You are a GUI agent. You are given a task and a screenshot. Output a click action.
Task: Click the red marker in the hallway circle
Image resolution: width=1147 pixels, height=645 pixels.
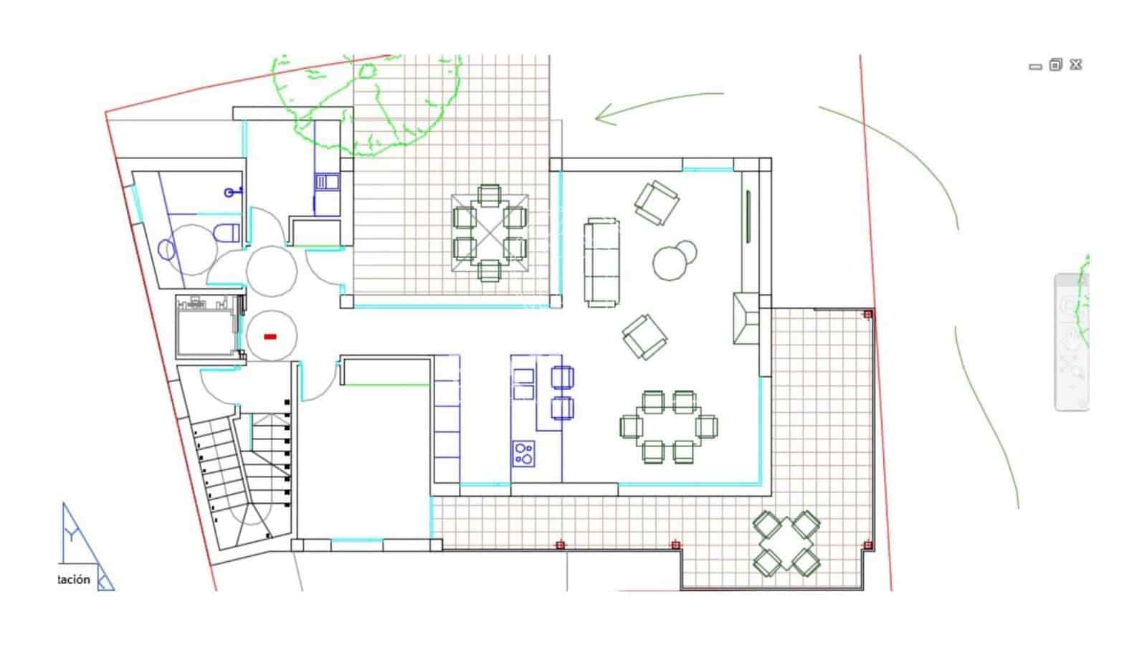point(270,336)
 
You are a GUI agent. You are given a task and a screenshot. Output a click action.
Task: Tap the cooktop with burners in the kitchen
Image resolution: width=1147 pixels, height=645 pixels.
point(523,453)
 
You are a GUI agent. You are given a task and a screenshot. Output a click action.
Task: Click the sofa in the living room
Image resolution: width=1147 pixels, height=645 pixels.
point(602,262)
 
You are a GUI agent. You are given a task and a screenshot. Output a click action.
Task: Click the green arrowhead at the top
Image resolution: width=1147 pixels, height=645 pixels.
point(606,115)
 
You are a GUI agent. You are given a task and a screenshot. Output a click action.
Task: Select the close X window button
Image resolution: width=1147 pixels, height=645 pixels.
point(1075,65)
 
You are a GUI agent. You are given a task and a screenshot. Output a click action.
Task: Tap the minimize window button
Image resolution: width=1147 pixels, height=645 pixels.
point(1034,67)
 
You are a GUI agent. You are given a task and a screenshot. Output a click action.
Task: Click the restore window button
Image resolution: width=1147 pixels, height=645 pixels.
point(1055,65)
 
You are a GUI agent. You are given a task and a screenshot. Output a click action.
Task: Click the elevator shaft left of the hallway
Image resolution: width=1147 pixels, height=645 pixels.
point(206,327)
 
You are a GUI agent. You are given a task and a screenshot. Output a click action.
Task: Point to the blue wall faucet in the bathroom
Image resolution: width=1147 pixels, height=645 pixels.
point(230,191)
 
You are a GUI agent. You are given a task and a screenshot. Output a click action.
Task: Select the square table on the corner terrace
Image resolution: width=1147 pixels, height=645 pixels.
point(786,543)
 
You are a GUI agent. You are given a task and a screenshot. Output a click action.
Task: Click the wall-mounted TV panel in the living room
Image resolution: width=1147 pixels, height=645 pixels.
point(748,216)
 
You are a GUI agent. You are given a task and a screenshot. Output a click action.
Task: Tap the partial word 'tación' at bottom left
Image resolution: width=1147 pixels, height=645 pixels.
point(74,579)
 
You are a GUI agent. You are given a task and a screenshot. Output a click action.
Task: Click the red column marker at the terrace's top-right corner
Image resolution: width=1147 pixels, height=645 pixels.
point(867,315)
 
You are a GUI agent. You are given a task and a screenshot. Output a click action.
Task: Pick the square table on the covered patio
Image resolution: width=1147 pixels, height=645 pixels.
point(490,233)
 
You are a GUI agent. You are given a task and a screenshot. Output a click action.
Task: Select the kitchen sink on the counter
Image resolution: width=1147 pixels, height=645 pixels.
point(524,383)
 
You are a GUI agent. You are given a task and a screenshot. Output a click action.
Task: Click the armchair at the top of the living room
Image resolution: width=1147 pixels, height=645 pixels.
point(657,202)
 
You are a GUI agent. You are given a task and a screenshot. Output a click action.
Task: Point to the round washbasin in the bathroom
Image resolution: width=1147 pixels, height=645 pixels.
point(166,249)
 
